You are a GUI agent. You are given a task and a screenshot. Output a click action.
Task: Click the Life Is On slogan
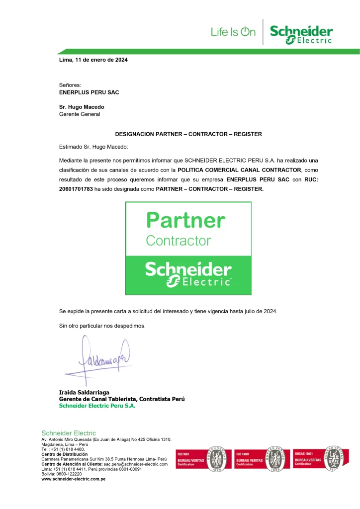click(233, 32)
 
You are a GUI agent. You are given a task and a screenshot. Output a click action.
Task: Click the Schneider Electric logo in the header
click(301, 34)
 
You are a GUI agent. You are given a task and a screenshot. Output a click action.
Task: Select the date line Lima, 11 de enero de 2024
click(93, 60)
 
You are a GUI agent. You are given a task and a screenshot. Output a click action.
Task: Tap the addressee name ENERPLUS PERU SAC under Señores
click(89, 92)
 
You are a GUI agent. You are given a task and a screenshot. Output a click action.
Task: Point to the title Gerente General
click(80, 114)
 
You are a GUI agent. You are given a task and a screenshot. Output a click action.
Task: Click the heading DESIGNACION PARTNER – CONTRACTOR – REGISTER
click(188, 134)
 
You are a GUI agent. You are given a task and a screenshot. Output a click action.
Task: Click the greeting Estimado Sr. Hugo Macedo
click(93, 147)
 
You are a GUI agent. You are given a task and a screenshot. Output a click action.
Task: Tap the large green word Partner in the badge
click(185, 220)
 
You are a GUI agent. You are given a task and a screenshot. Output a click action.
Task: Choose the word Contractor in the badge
click(178, 241)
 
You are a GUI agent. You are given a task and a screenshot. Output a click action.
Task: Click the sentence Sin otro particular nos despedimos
click(102, 326)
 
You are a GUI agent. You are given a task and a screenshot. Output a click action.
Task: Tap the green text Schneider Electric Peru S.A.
click(97, 406)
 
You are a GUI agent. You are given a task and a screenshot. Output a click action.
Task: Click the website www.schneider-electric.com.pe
click(73, 479)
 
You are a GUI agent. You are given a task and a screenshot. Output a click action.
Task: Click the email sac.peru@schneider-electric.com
click(136, 464)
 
